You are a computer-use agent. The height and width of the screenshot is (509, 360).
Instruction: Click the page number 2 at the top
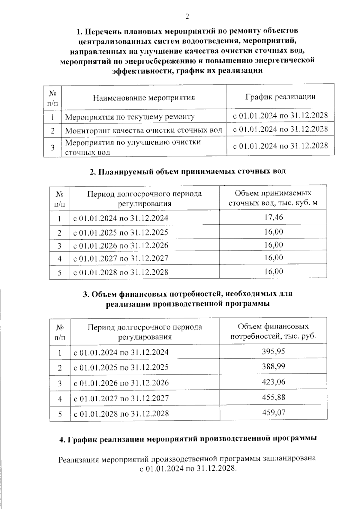pos(187,17)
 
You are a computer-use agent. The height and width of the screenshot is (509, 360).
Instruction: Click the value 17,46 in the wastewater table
pos(273,217)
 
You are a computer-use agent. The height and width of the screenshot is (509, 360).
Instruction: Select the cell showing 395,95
pos(273,351)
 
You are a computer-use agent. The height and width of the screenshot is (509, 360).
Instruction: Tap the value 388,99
pos(273,367)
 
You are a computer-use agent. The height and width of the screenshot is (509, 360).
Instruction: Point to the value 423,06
pos(273,382)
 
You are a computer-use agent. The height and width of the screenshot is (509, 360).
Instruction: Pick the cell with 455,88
pos(273,398)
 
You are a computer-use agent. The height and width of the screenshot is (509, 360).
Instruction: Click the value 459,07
pos(273,413)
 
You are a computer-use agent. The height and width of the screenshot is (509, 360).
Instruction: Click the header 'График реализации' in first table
pos(280,97)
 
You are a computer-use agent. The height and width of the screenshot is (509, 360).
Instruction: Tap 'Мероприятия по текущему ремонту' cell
pos(130,117)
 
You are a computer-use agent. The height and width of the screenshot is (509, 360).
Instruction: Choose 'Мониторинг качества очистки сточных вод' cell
pos(143,130)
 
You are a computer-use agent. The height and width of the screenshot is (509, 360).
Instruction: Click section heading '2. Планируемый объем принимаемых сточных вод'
pos(187,172)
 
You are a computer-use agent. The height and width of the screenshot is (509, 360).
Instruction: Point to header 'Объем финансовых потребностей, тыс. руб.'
pos(273,331)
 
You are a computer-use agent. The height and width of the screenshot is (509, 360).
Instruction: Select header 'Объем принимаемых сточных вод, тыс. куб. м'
pos(273,198)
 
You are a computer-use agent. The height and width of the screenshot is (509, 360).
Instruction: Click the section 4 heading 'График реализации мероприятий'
pos(187,439)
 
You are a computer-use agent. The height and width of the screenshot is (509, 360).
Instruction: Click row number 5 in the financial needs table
pos(60,414)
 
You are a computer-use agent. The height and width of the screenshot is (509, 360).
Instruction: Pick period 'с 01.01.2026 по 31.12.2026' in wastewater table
pos(121,246)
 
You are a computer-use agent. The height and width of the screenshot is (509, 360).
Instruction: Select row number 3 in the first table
pos(52,147)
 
